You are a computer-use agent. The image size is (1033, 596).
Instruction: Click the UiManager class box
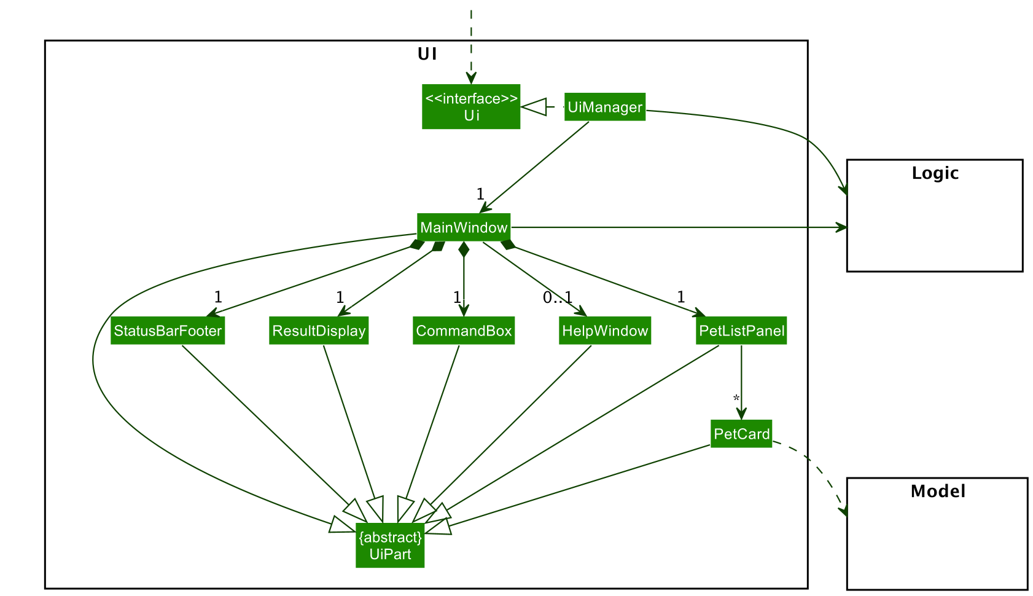[x=604, y=108]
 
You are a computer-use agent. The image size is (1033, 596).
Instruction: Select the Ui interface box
[x=471, y=107]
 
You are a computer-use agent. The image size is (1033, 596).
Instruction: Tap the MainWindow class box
[x=464, y=228]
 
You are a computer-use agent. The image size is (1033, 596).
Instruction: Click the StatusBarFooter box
[x=168, y=331]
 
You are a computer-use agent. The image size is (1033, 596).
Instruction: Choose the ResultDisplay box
[x=319, y=331]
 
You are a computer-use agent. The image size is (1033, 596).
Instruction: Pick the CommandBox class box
[x=464, y=331]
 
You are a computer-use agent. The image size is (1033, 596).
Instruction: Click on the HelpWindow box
[x=605, y=331]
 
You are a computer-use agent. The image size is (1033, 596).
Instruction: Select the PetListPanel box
[x=741, y=331]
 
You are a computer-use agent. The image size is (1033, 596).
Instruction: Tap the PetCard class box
[x=741, y=434]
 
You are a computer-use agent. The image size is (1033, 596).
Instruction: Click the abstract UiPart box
[x=390, y=546]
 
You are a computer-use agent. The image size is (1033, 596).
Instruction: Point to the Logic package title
[x=935, y=173]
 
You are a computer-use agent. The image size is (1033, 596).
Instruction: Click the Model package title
[x=938, y=492]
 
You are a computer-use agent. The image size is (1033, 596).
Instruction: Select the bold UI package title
[x=427, y=55]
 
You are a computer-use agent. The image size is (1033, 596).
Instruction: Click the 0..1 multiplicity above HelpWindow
[x=558, y=298]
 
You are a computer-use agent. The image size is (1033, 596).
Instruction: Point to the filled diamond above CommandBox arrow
[x=464, y=249]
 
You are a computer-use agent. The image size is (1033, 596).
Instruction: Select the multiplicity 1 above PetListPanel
[x=680, y=297]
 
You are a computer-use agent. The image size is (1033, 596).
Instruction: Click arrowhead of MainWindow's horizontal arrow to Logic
[x=842, y=228]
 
